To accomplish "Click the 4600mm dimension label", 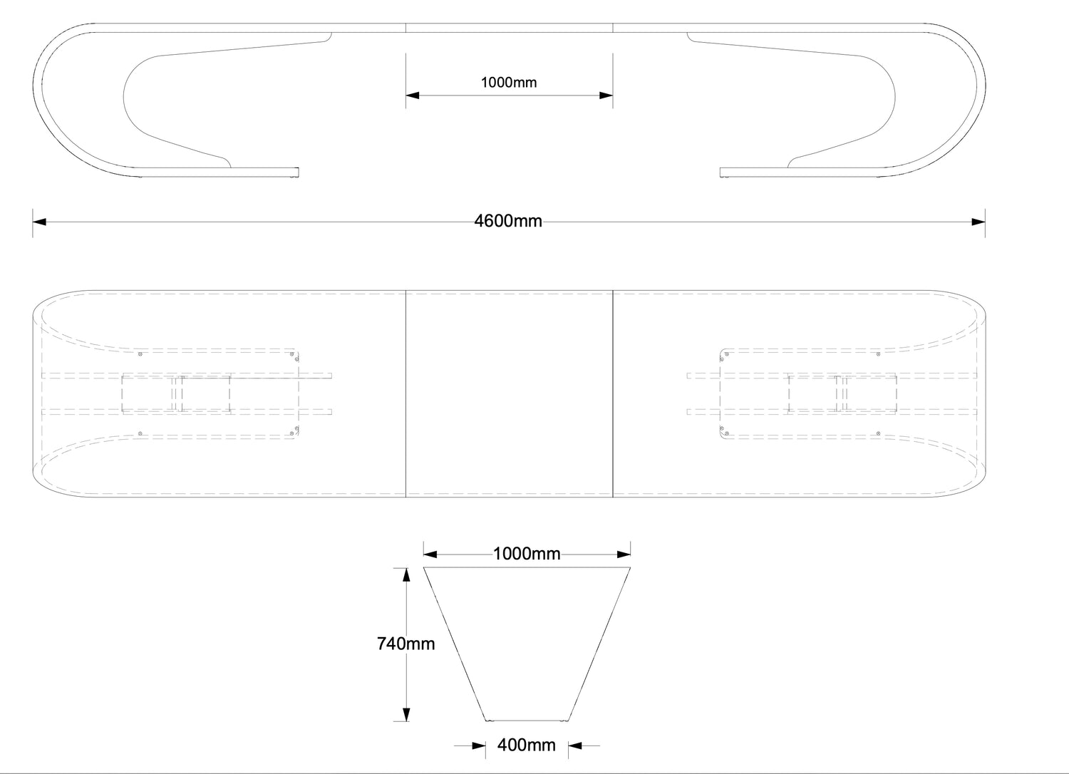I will [508, 222].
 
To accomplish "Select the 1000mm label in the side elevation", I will [509, 83].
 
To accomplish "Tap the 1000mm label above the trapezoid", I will [527, 554].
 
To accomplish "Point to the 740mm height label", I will [406, 644].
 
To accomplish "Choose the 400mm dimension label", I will [527, 745].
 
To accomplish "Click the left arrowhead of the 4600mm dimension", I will [40, 222].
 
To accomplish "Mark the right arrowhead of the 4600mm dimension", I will [978, 222].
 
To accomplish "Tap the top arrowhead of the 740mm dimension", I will [406, 574].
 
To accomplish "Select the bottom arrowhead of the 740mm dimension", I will [406, 715].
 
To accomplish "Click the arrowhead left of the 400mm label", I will [480, 746].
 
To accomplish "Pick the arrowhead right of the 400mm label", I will [575, 746].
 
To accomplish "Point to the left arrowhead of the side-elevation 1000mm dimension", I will [413, 95].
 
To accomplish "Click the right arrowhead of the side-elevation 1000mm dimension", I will [606, 95].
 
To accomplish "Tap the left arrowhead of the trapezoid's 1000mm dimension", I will [430, 553].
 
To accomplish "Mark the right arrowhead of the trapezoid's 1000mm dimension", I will [624, 553].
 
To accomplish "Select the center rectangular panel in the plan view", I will [509, 393].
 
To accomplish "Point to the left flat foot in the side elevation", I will [264, 172].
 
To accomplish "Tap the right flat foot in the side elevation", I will [755, 172].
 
